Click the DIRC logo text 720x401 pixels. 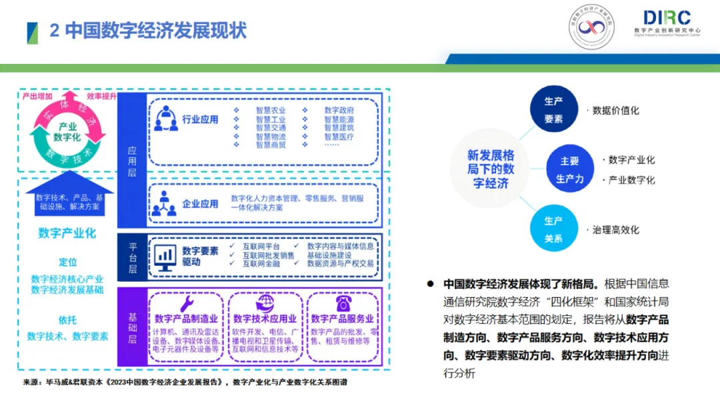pos(667,18)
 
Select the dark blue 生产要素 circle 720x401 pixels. pos(553,110)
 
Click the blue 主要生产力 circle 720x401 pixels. pos(569,170)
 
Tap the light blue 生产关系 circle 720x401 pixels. pos(553,229)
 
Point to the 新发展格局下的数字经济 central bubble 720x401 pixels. pos(491,169)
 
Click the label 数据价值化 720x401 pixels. pos(615,111)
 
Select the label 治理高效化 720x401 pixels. pos(615,230)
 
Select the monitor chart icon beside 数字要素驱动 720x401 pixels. pos(165,256)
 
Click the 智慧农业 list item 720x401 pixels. pos(271,111)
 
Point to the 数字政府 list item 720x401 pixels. pos(339,111)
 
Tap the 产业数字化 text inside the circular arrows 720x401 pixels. pos(67,132)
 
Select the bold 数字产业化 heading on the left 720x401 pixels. pos(67,233)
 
